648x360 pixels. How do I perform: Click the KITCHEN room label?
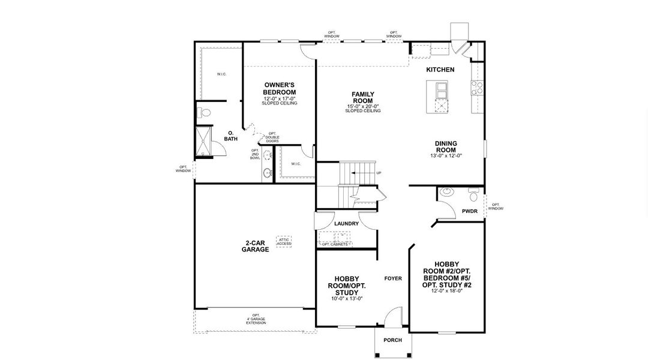click(440, 70)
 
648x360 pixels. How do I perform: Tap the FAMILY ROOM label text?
click(363, 98)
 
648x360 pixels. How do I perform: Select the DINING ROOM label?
click(446, 146)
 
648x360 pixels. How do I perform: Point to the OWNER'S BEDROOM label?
click(279, 89)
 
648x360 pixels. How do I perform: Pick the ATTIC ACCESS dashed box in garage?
click(284, 241)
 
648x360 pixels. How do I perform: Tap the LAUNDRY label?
click(346, 224)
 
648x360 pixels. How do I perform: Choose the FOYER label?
click(392, 278)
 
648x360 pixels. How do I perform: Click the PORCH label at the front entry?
click(392, 340)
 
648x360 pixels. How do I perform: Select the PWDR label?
click(469, 211)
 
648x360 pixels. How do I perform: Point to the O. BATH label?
click(231, 136)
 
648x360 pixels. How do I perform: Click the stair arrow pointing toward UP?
click(360, 173)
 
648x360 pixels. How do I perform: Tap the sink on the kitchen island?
click(441, 90)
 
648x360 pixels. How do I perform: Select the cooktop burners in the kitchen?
click(479, 89)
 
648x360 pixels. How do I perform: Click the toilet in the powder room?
click(473, 194)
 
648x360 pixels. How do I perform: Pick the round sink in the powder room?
click(445, 192)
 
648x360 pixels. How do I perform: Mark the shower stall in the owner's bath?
click(204, 141)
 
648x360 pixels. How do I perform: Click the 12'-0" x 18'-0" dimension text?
click(447, 290)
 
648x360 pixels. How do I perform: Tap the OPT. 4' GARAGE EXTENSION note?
click(256, 319)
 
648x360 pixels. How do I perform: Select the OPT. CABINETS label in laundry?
click(335, 244)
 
